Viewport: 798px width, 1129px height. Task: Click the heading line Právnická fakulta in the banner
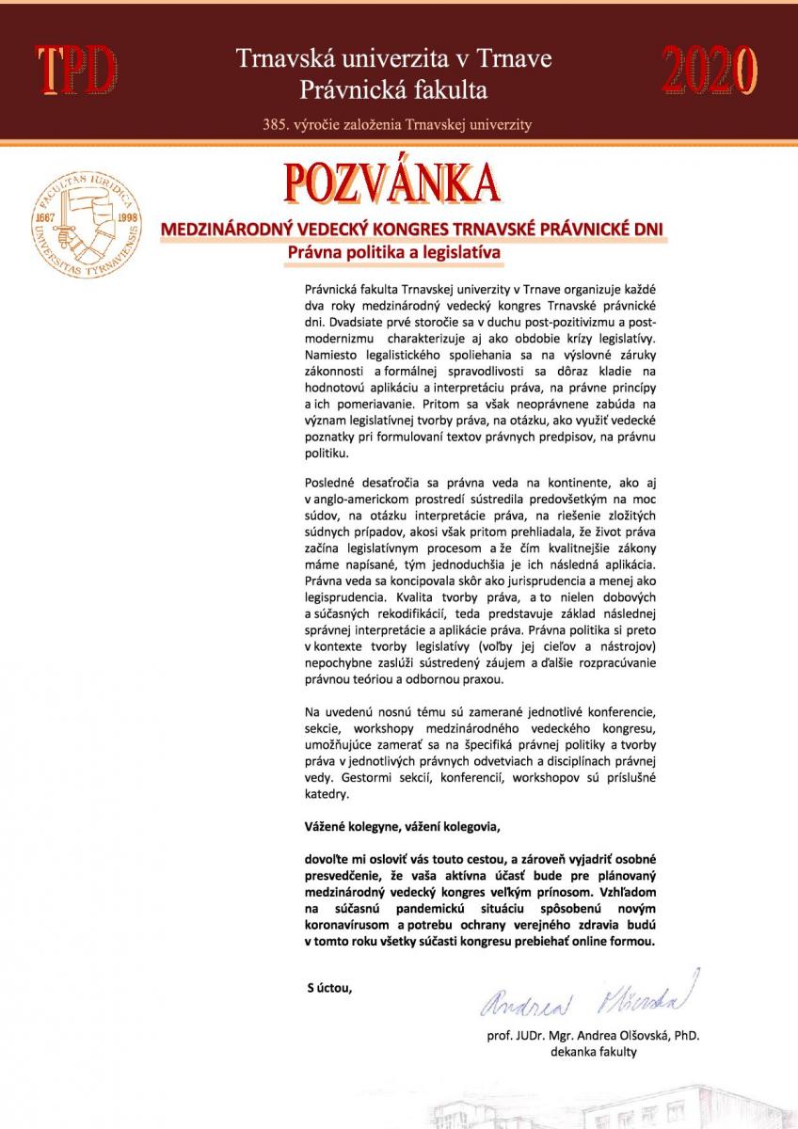pyautogui.click(x=393, y=90)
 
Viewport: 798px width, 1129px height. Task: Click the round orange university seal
pyautogui.click(x=85, y=223)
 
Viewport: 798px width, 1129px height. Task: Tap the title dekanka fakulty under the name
pyautogui.click(x=594, y=1052)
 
